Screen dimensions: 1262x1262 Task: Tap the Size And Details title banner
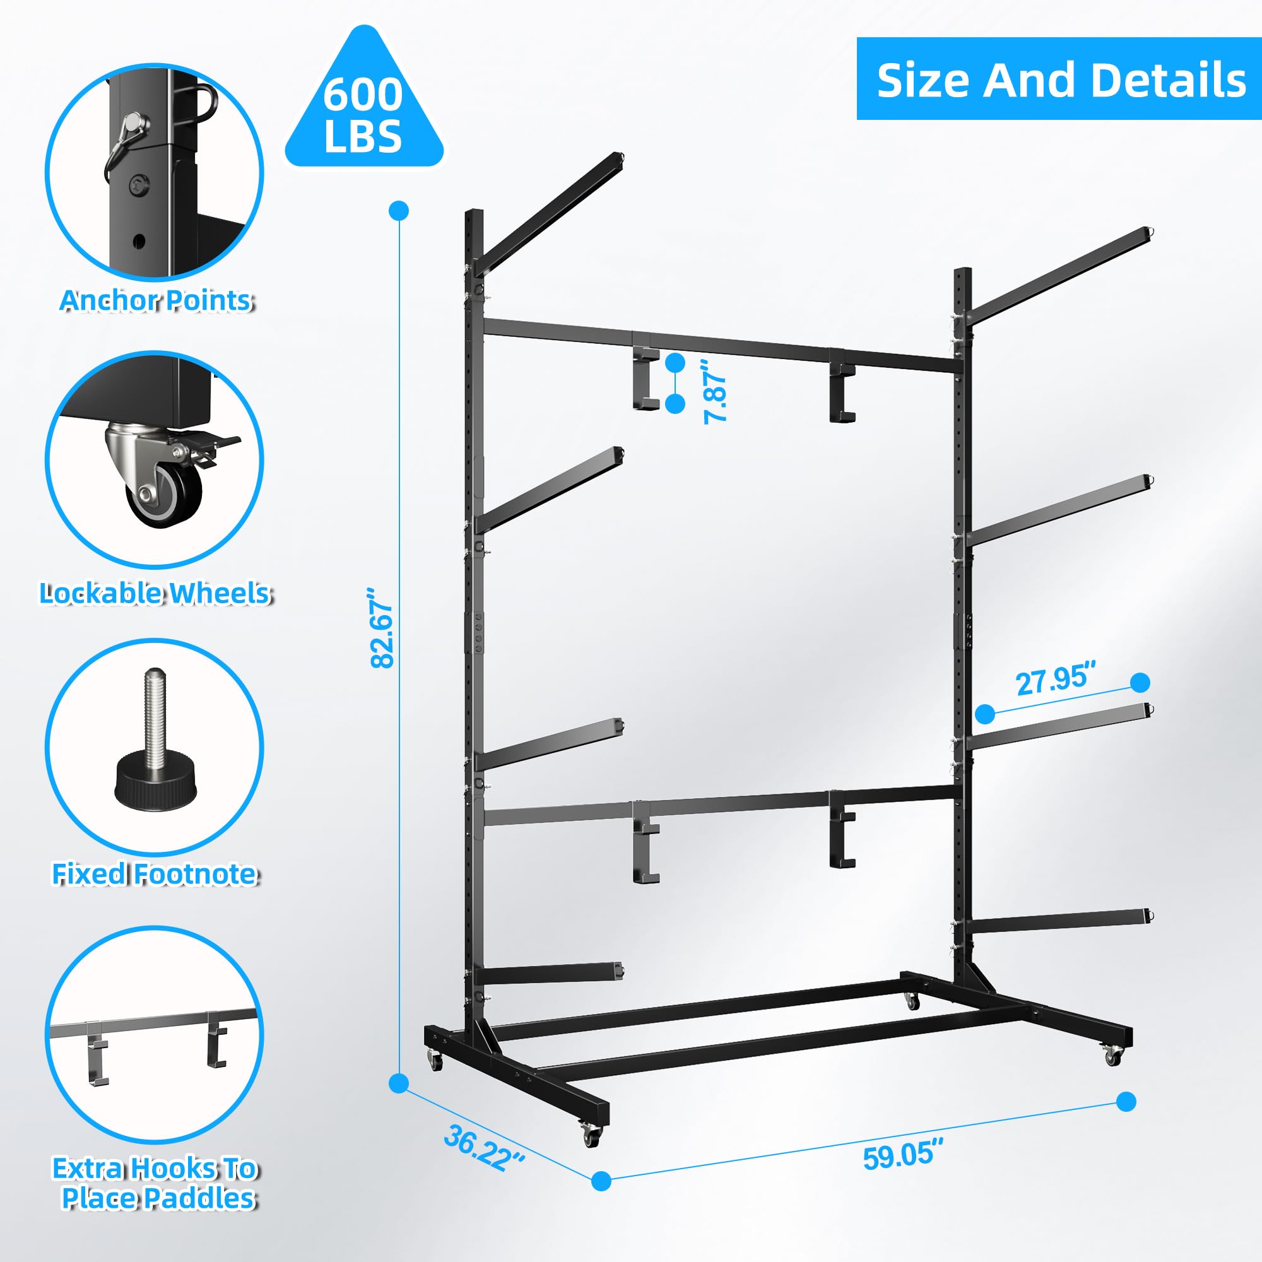point(1059,79)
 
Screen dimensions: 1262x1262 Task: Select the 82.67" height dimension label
point(382,628)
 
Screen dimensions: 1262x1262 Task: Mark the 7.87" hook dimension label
point(716,397)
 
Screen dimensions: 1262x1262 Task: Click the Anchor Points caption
point(155,300)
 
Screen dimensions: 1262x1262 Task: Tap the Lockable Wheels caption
point(155,593)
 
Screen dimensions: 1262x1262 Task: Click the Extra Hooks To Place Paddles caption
point(155,1183)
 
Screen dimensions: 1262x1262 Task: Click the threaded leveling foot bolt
point(155,744)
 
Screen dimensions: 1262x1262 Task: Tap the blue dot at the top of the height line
point(398,211)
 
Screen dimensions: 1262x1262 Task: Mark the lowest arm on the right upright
point(1058,922)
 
